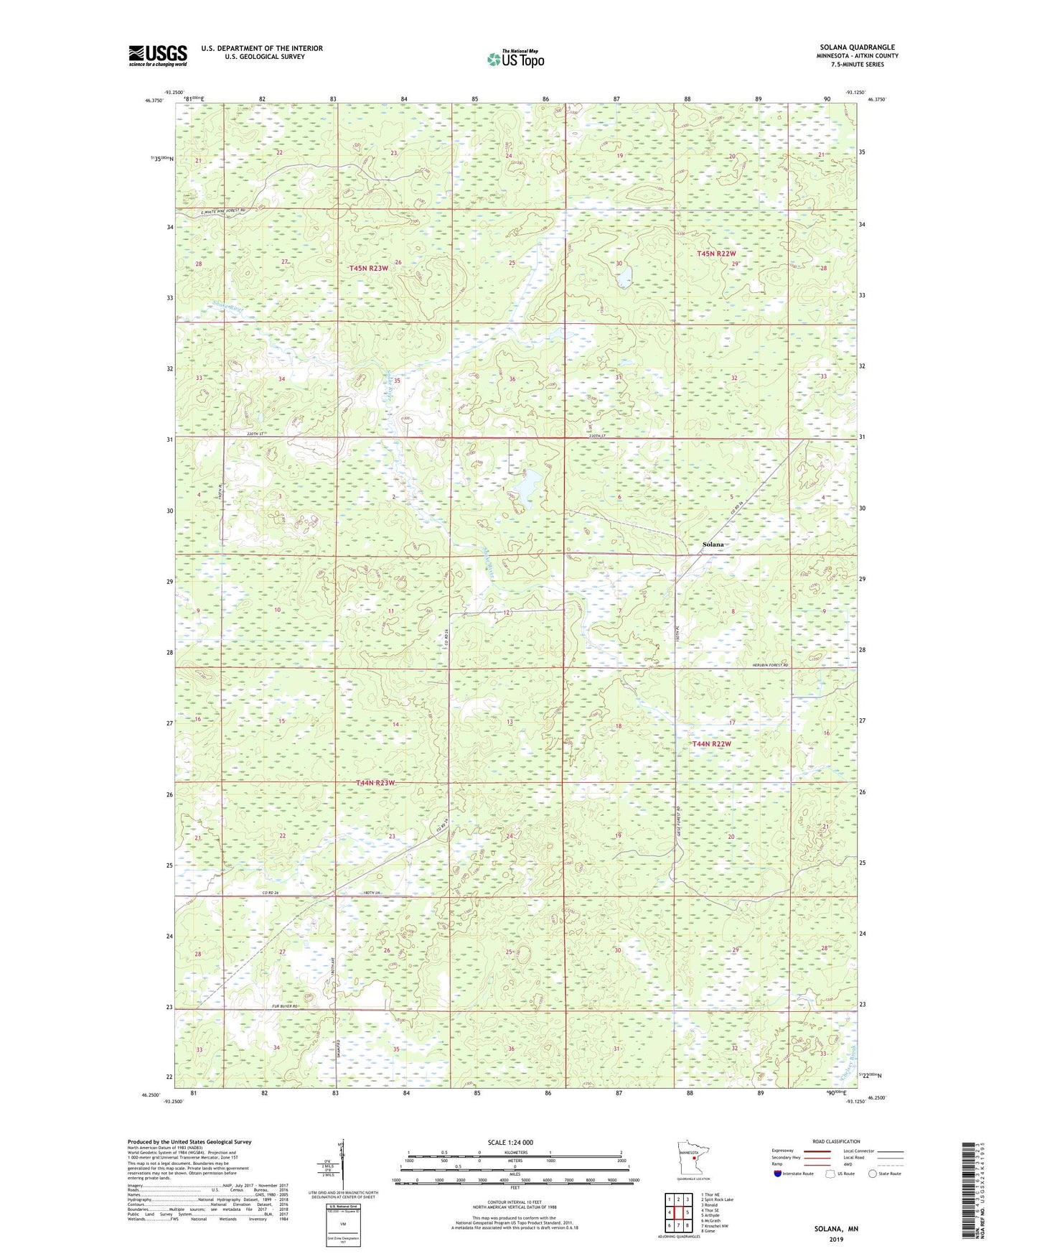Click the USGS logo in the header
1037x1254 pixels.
[158, 55]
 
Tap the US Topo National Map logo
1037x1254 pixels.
[515, 59]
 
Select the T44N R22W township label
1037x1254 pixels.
[711, 744]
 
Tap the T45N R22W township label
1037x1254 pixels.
[716, 254]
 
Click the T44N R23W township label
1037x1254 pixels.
[376, 783]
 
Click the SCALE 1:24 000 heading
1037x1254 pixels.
[510, 1142]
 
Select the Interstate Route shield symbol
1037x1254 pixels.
[779, 1174]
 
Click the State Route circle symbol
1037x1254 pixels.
[873, 1174]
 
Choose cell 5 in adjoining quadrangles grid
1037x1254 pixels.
[687, 1212]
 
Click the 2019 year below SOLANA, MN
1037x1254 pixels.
[835, 1240]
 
